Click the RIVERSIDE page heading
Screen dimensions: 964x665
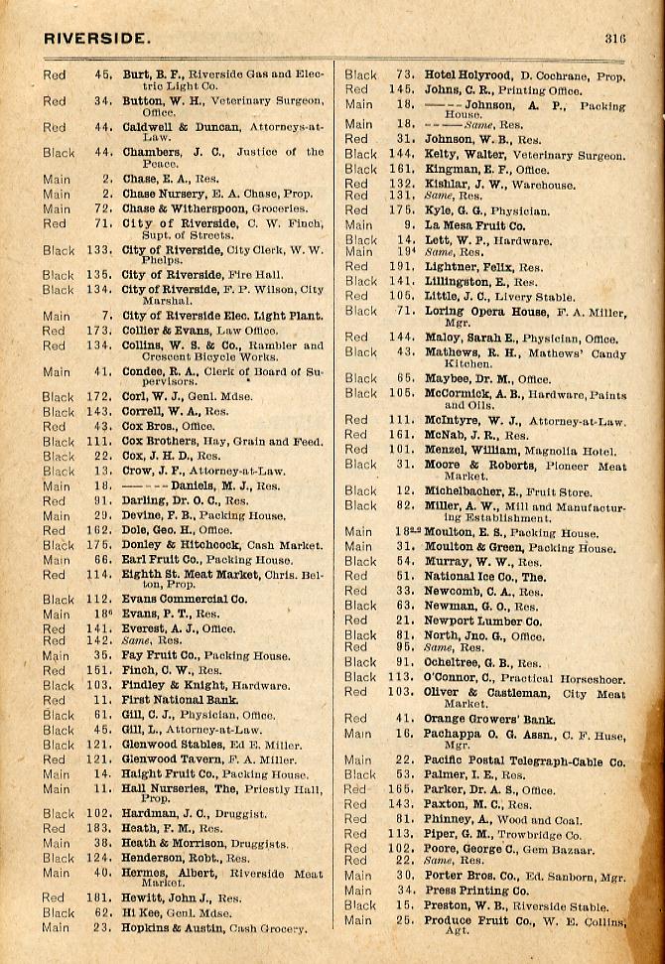point(96,39)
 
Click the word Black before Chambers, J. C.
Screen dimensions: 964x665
point(59,153)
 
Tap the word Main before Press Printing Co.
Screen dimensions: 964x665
point(358,891)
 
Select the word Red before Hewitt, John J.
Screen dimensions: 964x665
point(54,897)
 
